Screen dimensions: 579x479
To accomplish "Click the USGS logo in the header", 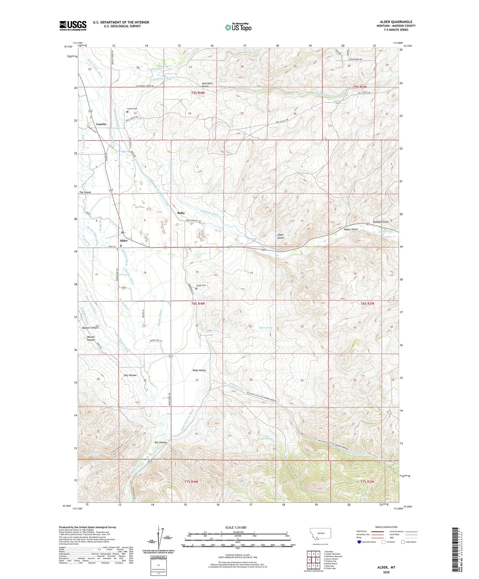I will pos(73,26).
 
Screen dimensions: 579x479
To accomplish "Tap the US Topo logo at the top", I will pos(238,27).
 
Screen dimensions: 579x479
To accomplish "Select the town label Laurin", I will pos(101,124).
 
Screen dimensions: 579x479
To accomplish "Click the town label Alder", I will pos(124,240).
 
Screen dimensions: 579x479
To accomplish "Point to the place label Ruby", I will pos(181,213).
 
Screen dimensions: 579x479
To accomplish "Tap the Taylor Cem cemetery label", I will pos(201,286).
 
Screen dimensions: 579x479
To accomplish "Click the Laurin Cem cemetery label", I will pos(132,108).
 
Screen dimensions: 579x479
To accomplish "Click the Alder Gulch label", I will pos(281,236).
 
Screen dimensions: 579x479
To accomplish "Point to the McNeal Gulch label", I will pos(380,222).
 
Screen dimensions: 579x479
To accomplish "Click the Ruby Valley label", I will pos(199,370).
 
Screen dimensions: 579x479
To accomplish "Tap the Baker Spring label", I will pos(266,328).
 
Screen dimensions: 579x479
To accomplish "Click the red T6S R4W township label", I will pos(198,303).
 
